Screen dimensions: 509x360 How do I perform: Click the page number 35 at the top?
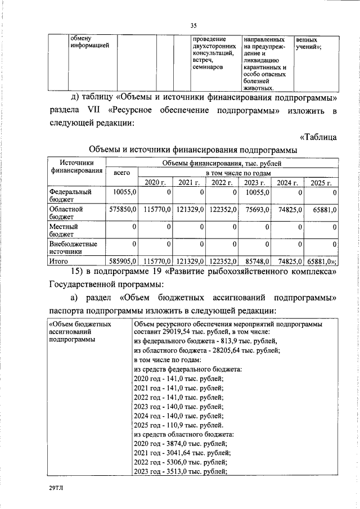click(193, 25)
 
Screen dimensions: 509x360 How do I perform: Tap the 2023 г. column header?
click(255, 182)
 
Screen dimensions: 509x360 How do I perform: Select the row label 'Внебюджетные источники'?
click(74, 248)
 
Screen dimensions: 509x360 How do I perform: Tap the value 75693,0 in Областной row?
click(256, 209)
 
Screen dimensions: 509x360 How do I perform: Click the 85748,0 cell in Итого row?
click(256, 262)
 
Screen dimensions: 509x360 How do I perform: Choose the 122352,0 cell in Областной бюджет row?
click(223, 209)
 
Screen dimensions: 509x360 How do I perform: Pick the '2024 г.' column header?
click(287, 182)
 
